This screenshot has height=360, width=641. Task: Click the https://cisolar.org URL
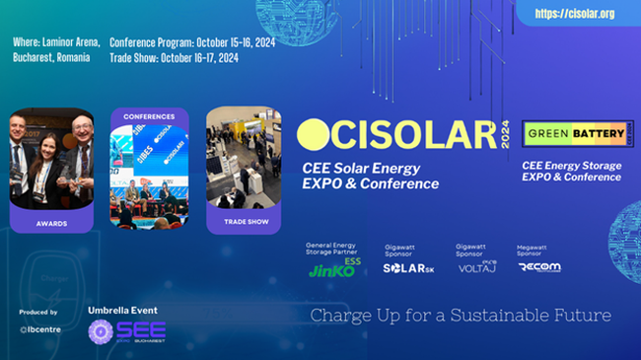[574, 14]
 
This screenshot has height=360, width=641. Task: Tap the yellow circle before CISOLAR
[312, 135]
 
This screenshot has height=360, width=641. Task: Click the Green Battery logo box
[565, 132]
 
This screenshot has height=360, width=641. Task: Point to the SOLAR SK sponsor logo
[409, 267]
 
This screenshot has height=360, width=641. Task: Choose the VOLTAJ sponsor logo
[476, 266]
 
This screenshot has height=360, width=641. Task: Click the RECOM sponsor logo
[540, 266]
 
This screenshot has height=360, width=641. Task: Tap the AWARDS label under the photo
[52, 222]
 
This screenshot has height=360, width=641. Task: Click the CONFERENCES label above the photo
[148, 115]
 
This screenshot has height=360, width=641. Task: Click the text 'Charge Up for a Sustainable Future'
[461, 317]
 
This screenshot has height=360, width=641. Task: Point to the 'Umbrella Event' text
[122, 310]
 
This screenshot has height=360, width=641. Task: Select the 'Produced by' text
[37, 312]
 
